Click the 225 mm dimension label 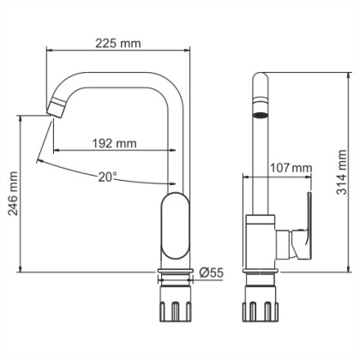pyautogui.click(x=118, y=41)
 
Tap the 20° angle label pyautogui.click(x=106, y=177)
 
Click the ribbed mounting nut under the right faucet pyautogui.click(x=261, y=309)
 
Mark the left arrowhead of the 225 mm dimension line pyautogui.click(x=47, y=51)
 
